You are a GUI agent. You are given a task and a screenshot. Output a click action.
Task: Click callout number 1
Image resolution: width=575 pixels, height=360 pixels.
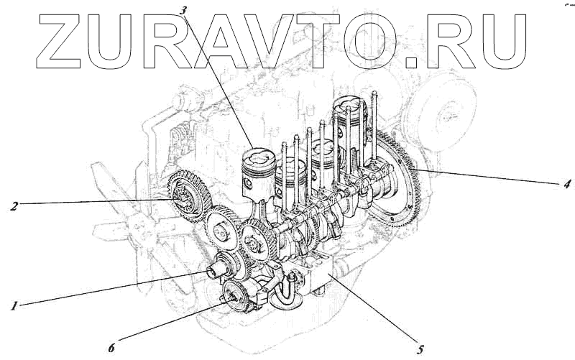coord(14,305)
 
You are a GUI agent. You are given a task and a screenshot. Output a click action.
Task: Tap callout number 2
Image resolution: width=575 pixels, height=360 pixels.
coord(14,206)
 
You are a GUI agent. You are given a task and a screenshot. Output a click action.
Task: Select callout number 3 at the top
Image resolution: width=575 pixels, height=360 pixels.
coord(183,10)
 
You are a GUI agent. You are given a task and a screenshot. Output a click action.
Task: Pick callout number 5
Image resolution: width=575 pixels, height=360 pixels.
coord(420,350)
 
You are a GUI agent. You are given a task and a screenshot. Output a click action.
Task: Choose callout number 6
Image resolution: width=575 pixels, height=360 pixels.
coord(111,347)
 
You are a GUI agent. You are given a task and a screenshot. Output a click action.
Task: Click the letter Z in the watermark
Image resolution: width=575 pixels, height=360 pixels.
coord(60,42)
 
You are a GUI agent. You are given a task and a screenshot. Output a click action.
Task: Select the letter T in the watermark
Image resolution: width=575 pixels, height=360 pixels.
coord(317,42)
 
